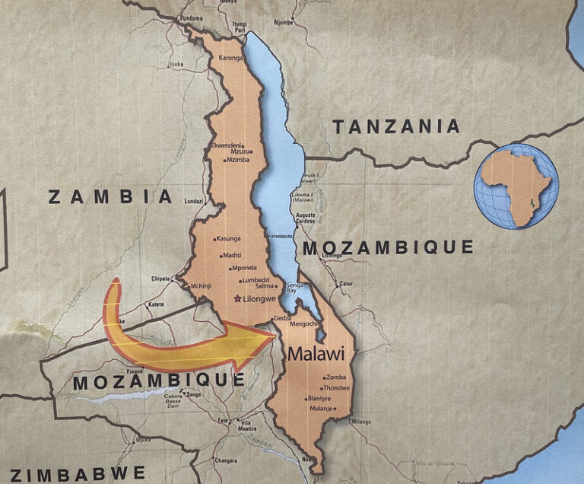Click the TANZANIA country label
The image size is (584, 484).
pos(396,127)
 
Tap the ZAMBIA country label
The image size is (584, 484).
pos(111,197)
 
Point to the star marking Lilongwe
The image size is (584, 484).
pos(238,299)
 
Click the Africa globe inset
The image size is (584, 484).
pos(516,186)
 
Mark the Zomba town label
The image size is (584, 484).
pos(335,377)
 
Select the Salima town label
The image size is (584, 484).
pos(264,287)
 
